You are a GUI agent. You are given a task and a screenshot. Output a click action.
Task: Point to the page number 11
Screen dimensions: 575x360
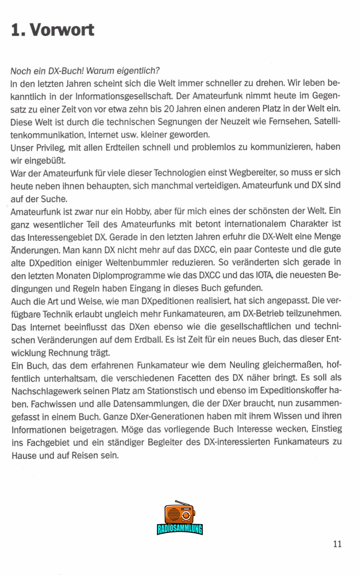click(x=337, y=543)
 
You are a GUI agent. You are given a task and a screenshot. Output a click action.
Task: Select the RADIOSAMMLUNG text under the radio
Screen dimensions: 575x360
click(x=180, y=529)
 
